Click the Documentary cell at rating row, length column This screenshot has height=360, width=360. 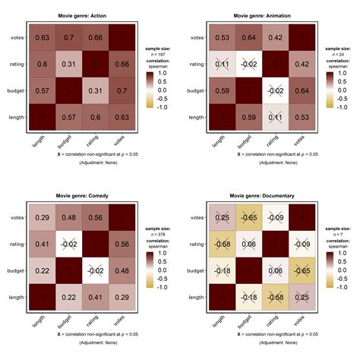[x=221, y=244]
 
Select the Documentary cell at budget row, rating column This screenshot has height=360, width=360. [x=276, y=271]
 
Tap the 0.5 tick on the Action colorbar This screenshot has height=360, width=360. [x=163, y=86]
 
